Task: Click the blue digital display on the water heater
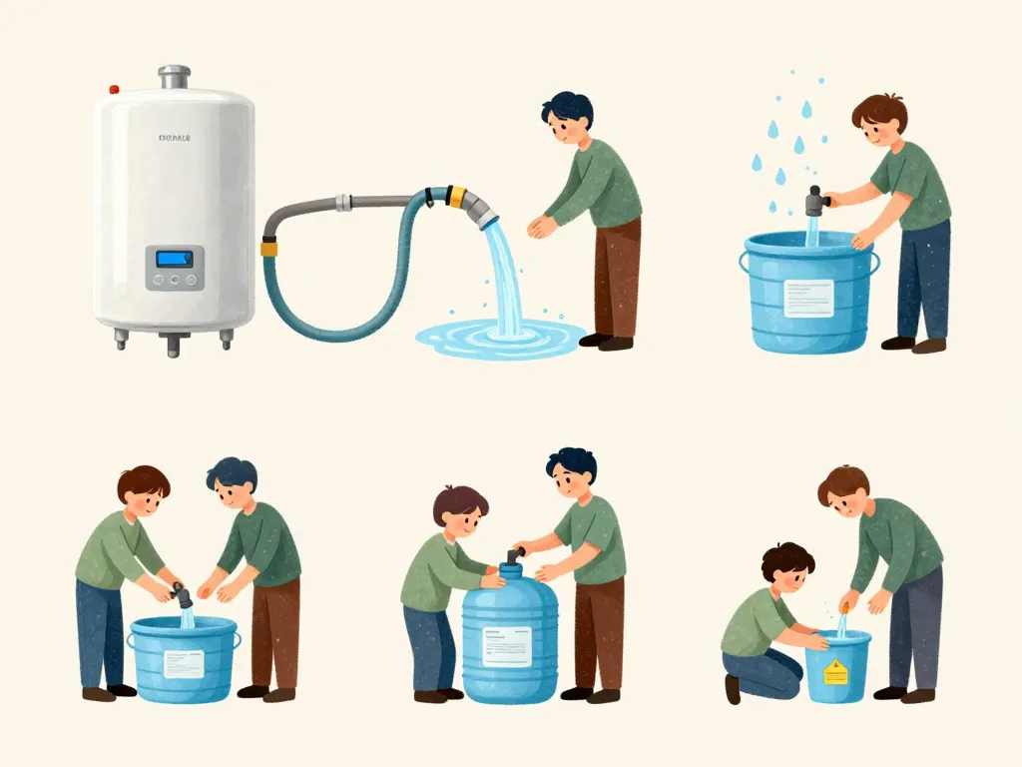[175, 259]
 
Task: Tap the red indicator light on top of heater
[114, 90]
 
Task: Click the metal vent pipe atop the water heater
[174, 77]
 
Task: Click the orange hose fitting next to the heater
[269, 246]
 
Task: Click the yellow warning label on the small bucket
[834, 670]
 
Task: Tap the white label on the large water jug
[508, 645]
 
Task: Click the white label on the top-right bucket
[807, 297]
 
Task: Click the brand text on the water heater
[175, 138]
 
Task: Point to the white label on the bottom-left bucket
[184, 663]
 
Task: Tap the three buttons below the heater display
[175, 281]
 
